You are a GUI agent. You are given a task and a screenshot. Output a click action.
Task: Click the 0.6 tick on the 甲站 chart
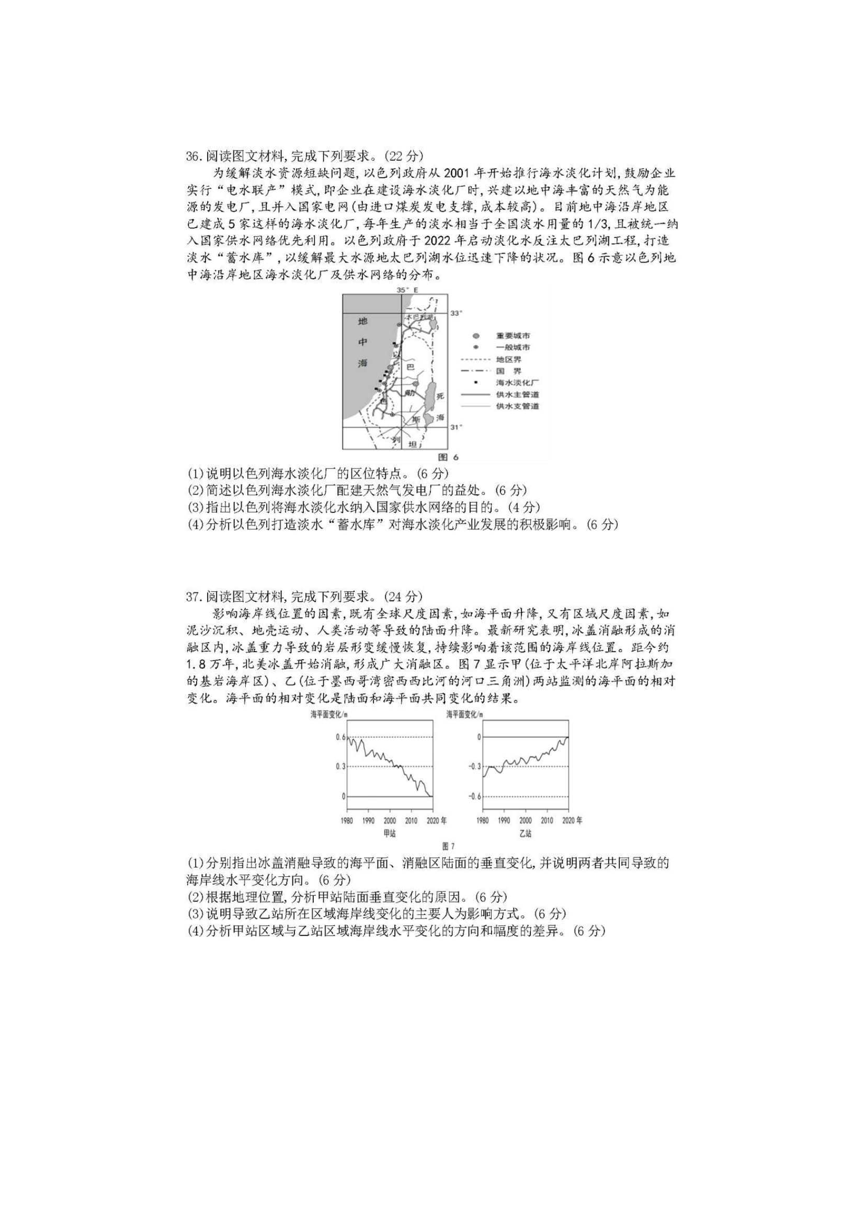pos(340,737)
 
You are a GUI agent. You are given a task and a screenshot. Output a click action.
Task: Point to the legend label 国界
pos(508,371)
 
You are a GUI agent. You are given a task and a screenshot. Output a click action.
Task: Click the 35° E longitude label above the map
pos(407,290)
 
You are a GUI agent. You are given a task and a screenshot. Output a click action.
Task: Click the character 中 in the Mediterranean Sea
pos(363,342)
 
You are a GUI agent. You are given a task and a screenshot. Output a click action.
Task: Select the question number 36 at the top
pos(193,156)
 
